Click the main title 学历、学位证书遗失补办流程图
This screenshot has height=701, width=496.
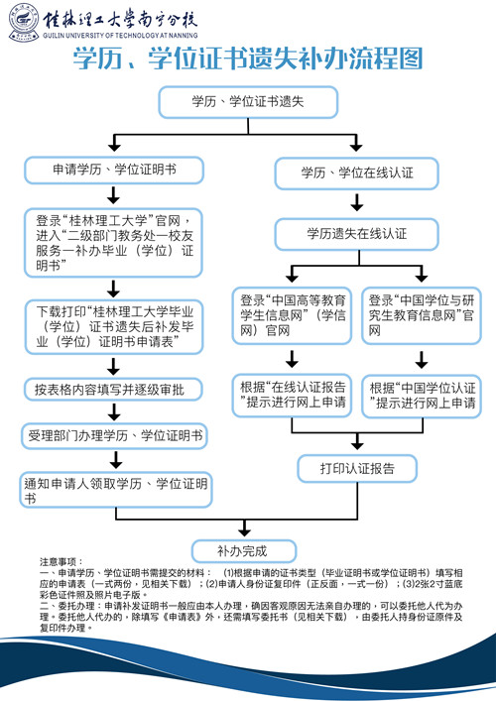(x=248, y=59)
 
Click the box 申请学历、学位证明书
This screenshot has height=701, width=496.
(x=114, y=170)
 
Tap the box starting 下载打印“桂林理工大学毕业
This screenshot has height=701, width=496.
(x=114, y=324)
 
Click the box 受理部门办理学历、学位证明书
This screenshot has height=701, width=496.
(x=114, y=436)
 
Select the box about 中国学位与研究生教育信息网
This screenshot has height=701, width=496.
(x=422, y=315)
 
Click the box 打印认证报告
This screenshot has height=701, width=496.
(x=357, y=467)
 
